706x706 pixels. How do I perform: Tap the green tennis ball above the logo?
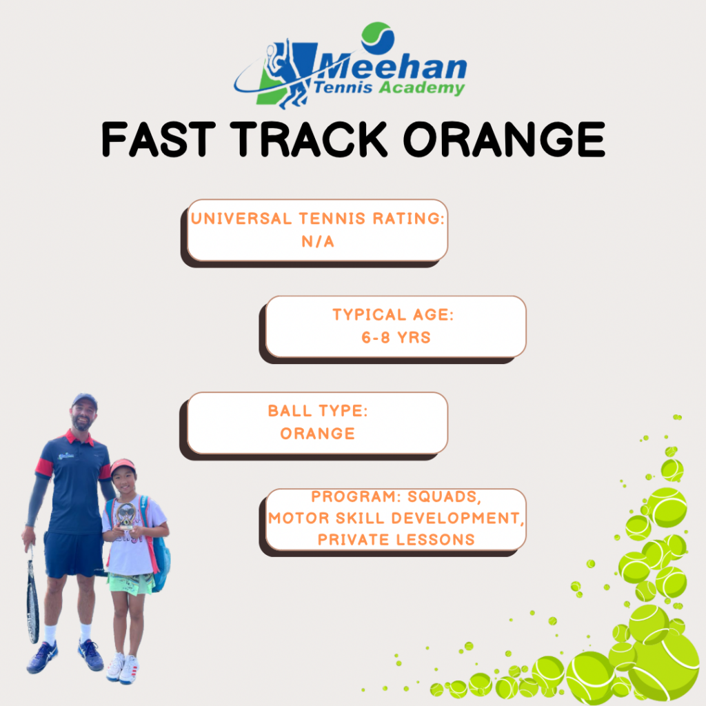[x=378, y=39]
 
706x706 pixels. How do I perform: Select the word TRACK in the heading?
[x=308, y=139]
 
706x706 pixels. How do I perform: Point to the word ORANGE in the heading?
[x=504, y=139]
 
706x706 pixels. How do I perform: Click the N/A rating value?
[x=318, y=242]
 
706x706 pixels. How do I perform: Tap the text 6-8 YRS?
[x=396, y=337]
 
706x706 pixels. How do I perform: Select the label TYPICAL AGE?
[x=393, y=314]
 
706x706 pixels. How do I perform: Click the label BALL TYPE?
[x=318, y=411]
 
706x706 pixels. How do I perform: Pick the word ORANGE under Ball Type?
[x=318, y=434]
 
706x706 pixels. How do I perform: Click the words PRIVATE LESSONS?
[x=396, y=539]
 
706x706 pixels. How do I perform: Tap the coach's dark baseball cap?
[x=85, y=400]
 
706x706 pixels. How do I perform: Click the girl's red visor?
[x=123, y=466]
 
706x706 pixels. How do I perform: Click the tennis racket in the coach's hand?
[x=33, y=594]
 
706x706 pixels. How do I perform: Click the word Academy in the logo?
[x=421, y=88]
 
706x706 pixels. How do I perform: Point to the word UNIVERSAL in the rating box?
[x=241, y=219]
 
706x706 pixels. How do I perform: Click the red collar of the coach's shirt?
[x=80, y=436]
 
